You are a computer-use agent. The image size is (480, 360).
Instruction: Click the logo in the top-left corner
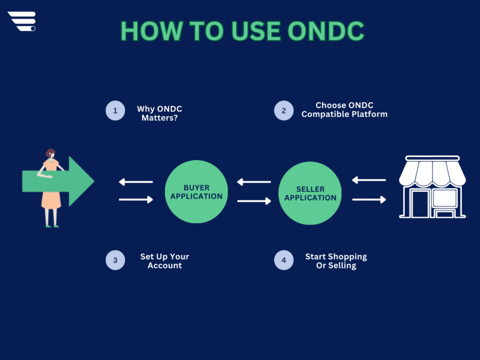tap(22, 22)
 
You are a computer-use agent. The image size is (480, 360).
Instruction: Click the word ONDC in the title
tap(326, 31)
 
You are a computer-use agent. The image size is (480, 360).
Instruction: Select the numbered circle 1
tap(115, 111)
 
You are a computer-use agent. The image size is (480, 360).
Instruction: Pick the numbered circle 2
tap(284, 111)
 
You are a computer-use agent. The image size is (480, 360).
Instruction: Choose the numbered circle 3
tap(115, 260)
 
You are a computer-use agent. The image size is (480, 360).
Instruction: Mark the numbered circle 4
tap(284, 260)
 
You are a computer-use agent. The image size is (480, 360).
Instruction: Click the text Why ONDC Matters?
tap(159, 113)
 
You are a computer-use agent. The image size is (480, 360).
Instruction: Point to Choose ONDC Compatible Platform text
tap(344, 110)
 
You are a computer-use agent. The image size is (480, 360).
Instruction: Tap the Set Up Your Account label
tap(165, 261)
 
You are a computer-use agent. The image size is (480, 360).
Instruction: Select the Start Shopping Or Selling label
tap(336, 261)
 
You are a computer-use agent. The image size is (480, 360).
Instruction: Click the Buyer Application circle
tap(196, 192)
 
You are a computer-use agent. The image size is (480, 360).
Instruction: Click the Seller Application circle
tap(310, 193)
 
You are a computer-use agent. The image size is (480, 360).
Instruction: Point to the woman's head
tap(50, 154)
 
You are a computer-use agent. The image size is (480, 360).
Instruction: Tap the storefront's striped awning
tap(432, 173)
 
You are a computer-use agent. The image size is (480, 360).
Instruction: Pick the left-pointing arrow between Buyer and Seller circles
tap(254, 182)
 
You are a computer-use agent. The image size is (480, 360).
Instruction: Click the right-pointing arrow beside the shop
tap(369, 200)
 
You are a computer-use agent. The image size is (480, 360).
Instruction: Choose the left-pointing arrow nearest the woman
tap(135, 182)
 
